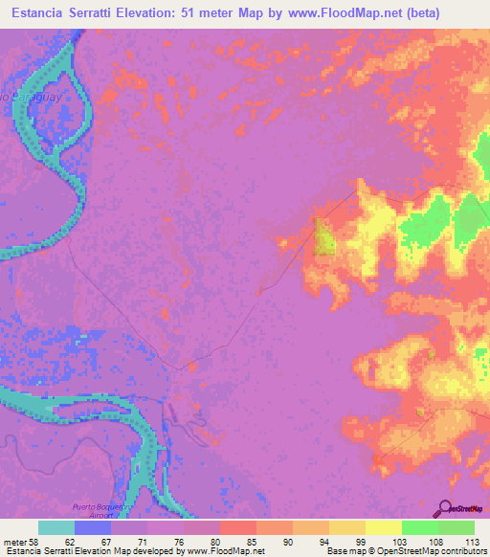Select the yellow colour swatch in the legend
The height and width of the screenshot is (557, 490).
click(383, 527)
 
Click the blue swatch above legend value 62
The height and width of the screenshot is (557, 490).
click(93, 527)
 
